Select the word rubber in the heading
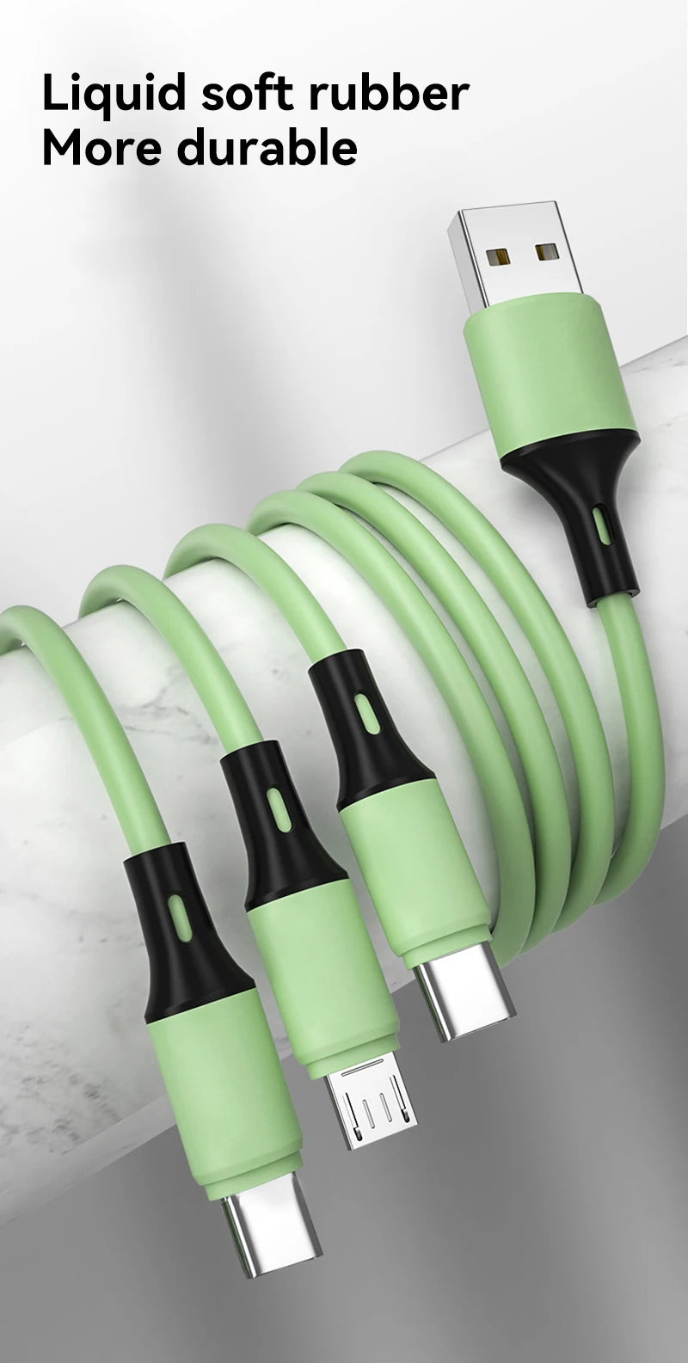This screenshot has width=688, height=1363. coord(390,93)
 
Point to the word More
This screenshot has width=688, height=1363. coord(102,148)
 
